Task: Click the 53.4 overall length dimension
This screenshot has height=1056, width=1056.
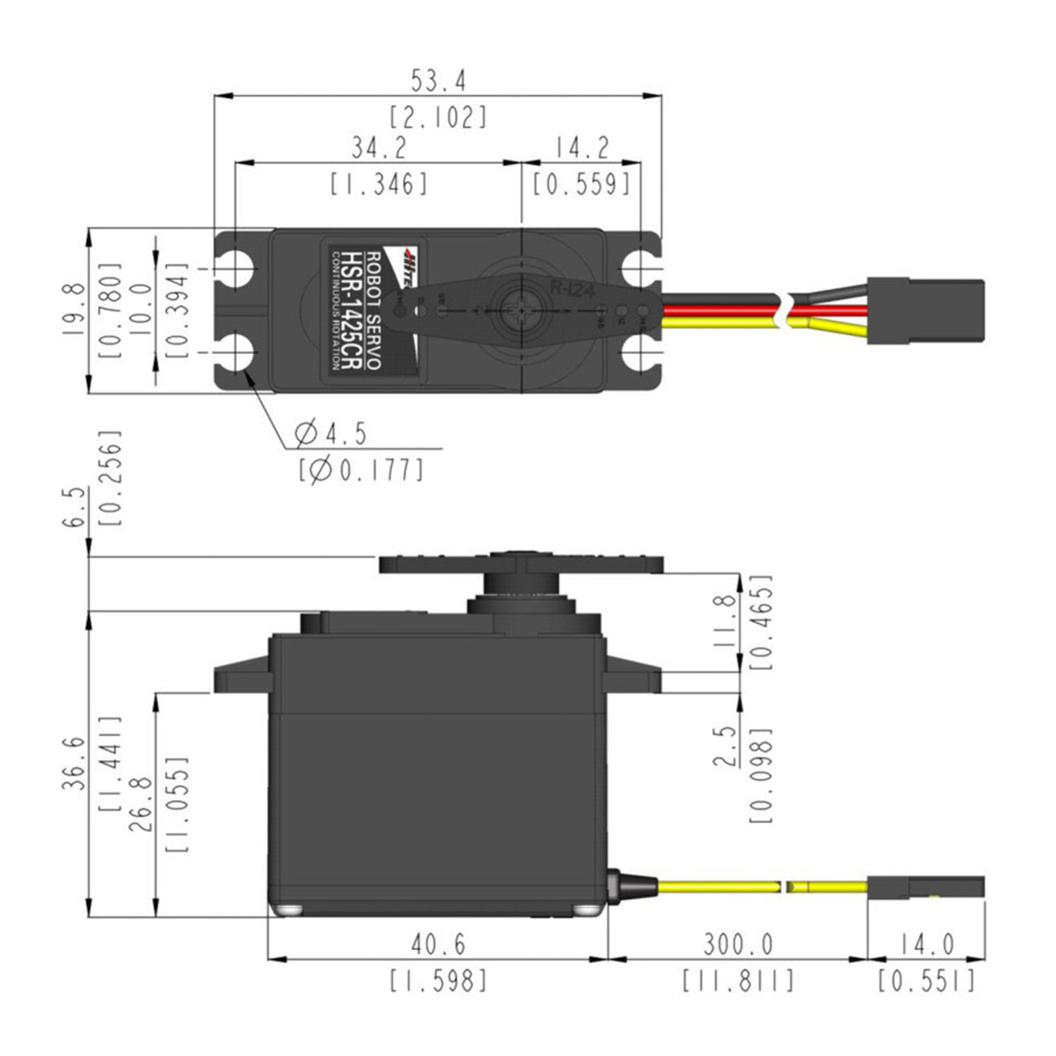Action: point(438,81)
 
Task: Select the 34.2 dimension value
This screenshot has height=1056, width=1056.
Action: point(378,148)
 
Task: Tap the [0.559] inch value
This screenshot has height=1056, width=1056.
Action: point(581,184)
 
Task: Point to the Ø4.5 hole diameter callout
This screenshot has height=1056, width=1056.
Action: point(331,432)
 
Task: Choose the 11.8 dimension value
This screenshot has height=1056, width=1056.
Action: point(724,621)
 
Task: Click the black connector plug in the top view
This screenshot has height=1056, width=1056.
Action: point(926,301)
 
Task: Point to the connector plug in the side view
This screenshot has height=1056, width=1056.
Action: point(926,887)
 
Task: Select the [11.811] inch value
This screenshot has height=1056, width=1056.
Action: point(738,981)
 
